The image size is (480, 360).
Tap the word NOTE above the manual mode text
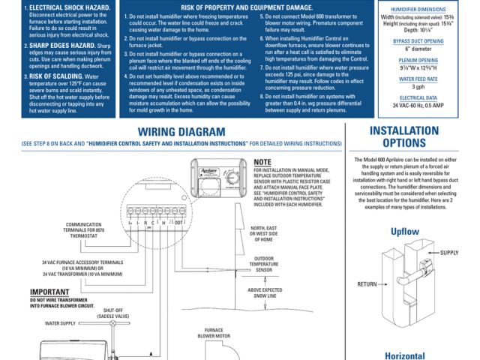(262, 162)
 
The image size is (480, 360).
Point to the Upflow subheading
(405, 232)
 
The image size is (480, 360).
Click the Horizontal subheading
(405, 355)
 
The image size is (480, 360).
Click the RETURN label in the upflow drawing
(367, 284)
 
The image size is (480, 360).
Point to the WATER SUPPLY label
(61, 323)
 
